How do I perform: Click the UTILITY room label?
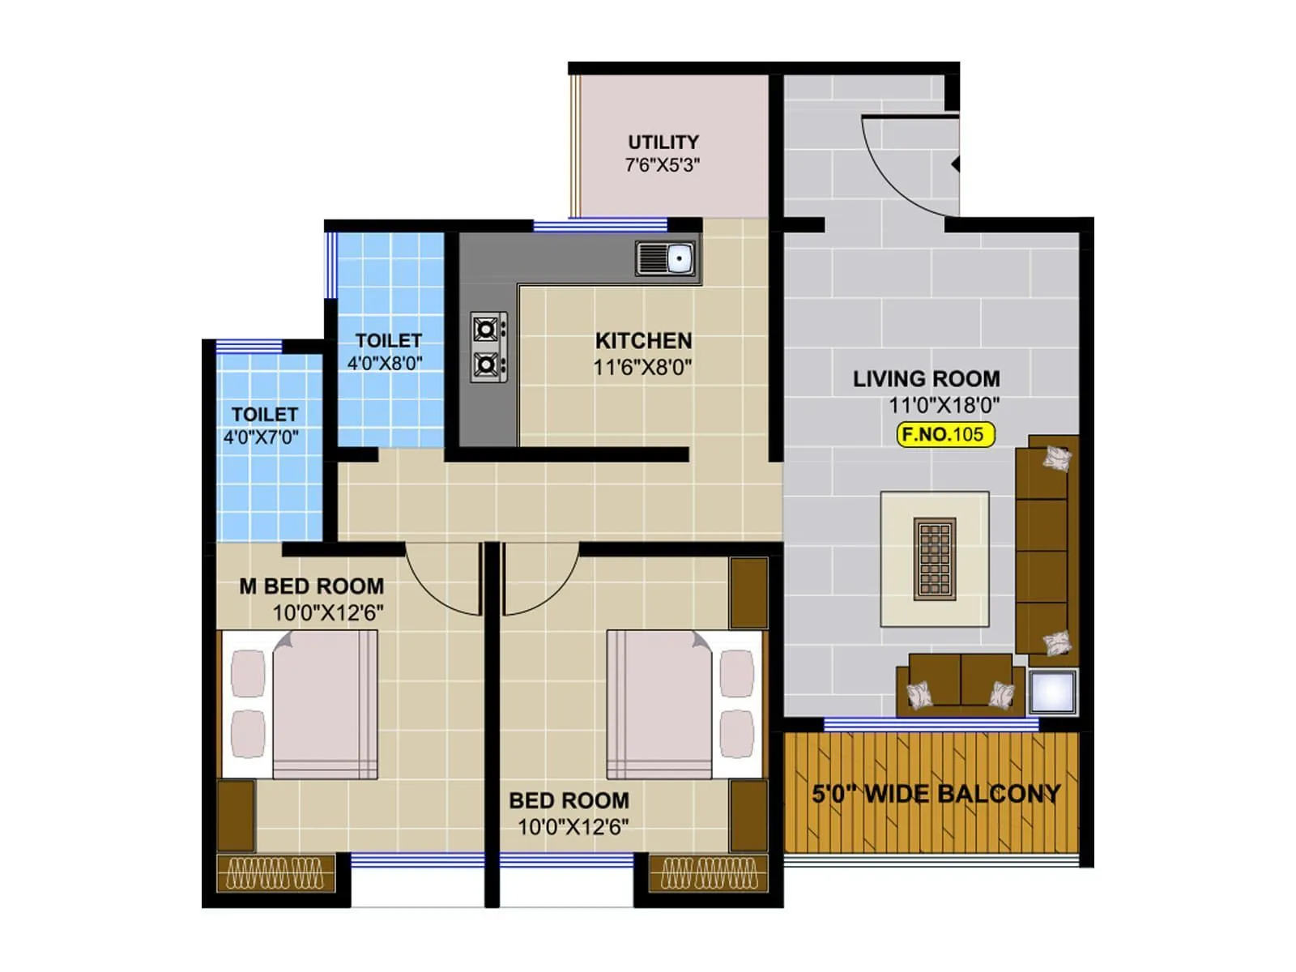coord(663,142)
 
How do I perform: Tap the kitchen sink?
coord(666,259)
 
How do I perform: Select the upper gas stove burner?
coord(486,330)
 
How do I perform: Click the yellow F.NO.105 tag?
coord(944,434)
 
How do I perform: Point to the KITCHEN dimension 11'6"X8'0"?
coord(642,368)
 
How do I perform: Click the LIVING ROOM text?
coord(926,378)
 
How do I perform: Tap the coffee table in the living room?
coord(935,559)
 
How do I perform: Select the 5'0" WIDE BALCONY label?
coord(936,793)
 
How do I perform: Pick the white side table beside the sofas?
coord(1053,692)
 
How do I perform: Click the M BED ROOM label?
coord(311,586)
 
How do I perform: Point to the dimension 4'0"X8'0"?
coord(386,363)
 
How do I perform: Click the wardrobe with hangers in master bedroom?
coord(275,873)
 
